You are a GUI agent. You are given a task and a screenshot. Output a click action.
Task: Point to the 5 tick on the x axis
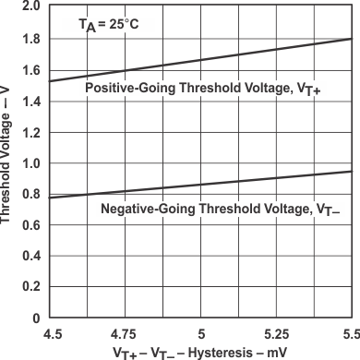pyautogui.click(x=201, y=330)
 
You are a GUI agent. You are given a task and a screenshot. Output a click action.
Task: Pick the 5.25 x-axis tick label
pyautogui.click(x=277, y=330)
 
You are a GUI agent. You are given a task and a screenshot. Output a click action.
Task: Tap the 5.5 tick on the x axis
pyautogui.click(x=349, y=330)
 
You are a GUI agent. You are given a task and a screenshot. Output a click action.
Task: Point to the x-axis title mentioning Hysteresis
pyautogui.click(x=201, y=351)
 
